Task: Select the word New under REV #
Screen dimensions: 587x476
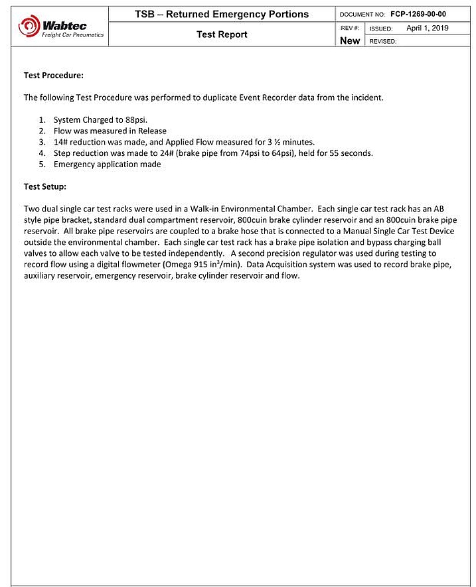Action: click(x=350, y=40)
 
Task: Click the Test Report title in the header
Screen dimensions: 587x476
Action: click(x=222, y=34)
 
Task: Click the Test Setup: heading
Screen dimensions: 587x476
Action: click(x=45, y=186)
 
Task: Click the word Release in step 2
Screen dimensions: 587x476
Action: click(x=152, y=131)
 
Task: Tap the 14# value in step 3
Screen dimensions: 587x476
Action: click(x=60, y=142)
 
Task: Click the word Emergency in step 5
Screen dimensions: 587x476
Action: click(x=74, y=164)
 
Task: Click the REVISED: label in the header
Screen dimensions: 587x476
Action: click(x=383, y=41)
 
